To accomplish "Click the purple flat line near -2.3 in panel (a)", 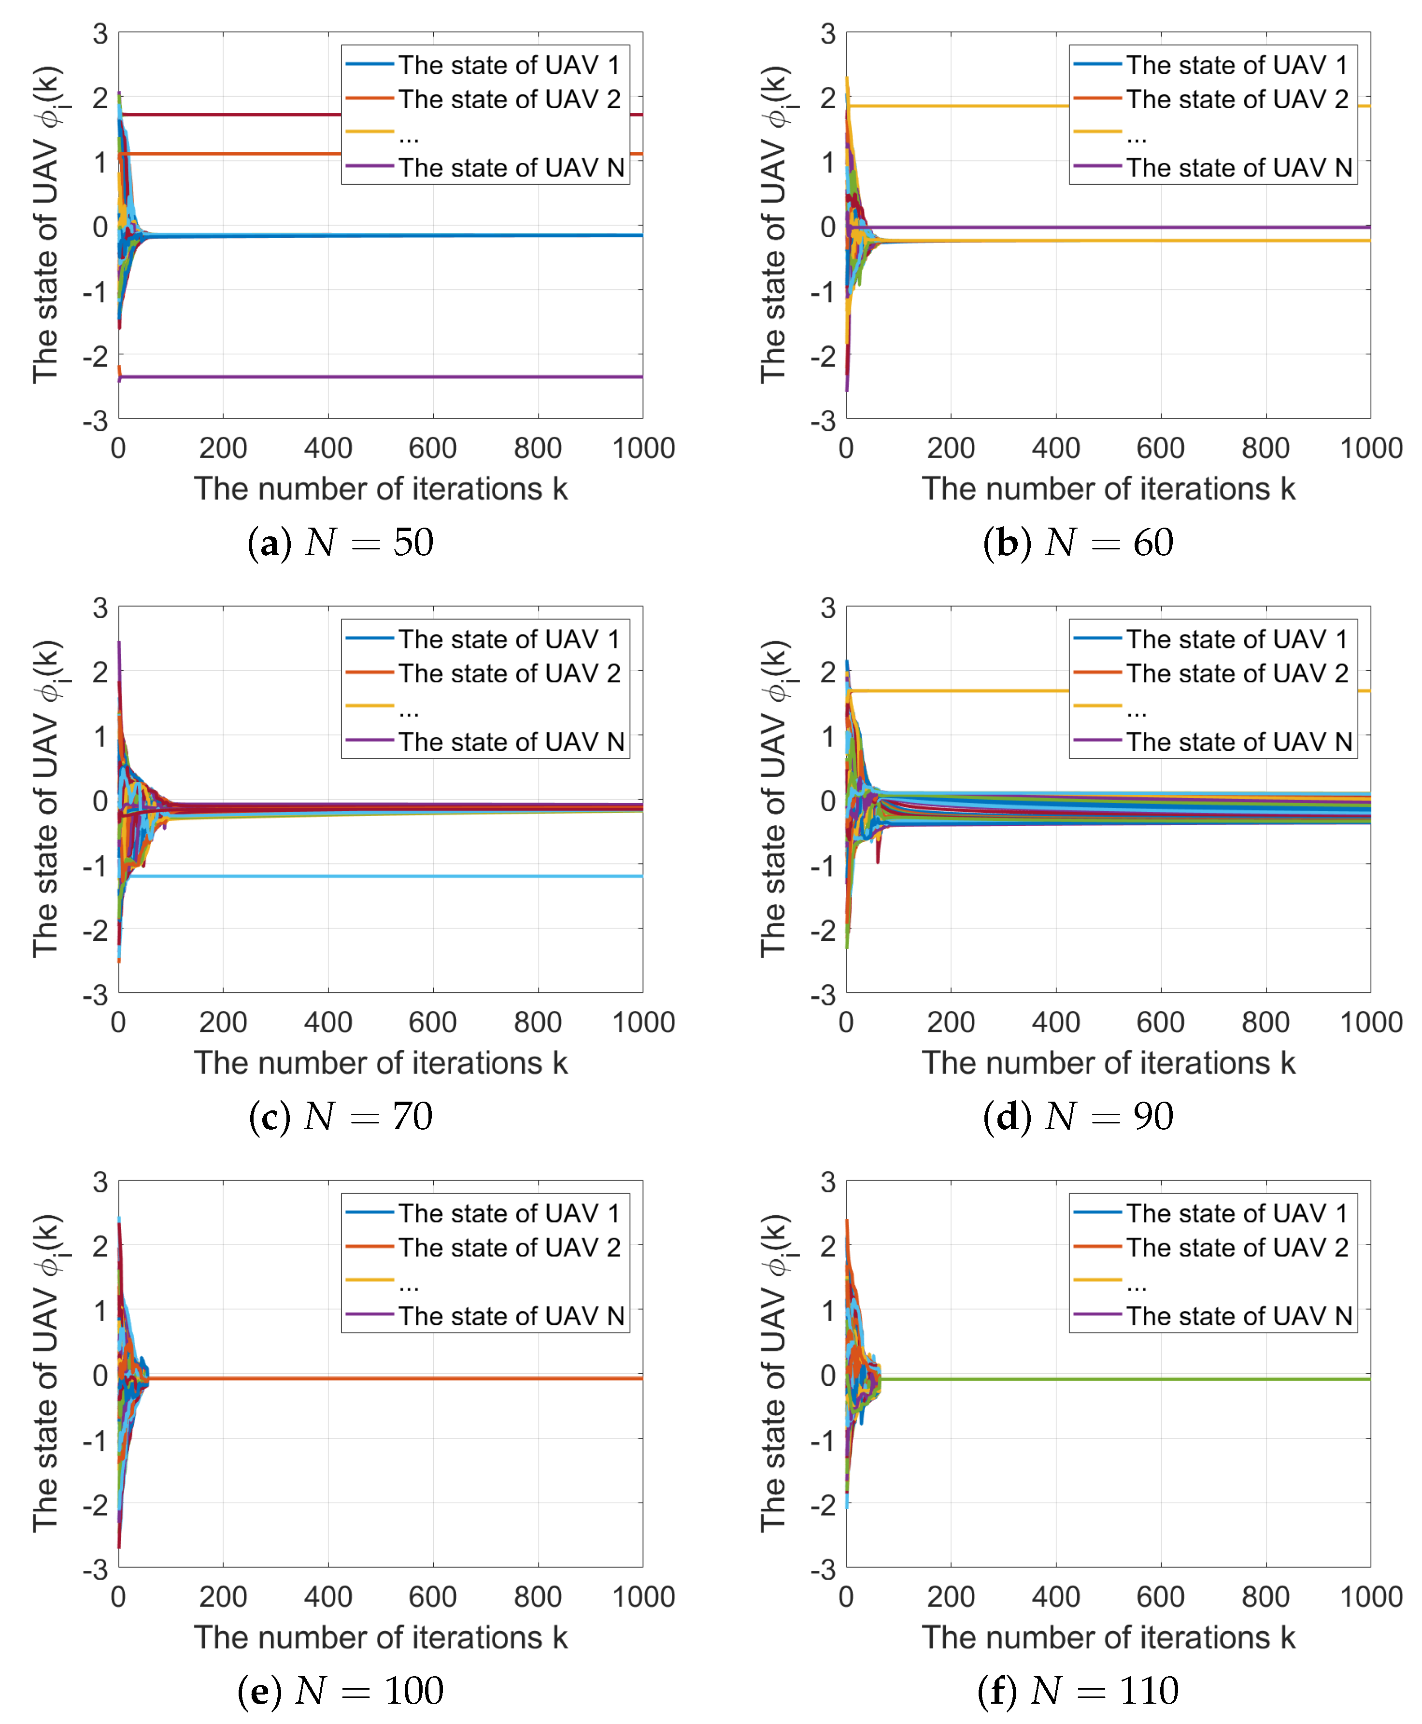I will pyautogui.click(x=377, y=377).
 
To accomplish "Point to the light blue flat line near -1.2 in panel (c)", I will pyautogui.click(x=377, y=876).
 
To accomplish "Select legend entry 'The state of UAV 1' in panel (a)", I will pyautogui.click(x=508, y=65).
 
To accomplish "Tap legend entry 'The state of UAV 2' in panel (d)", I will pyautogui.click(x=1237, y=674).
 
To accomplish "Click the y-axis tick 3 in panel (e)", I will pyautogui.click(x=100, y=1182).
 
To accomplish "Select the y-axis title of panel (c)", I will pyautogui.click(x=47, y=799).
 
